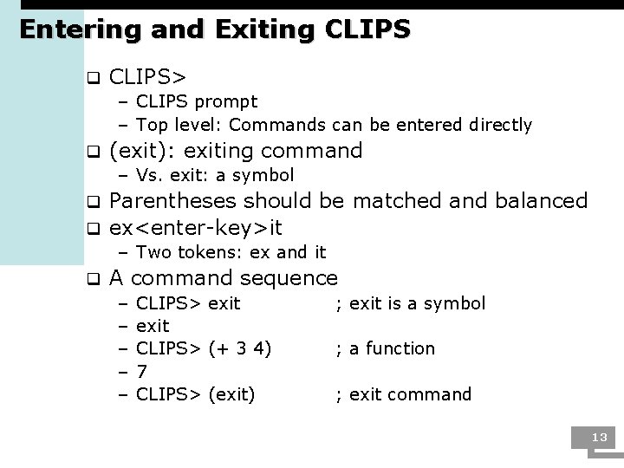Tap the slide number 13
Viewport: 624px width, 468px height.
point(599,437)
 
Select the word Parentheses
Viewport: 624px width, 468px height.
point(173,201)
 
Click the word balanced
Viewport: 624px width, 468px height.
point(541,201)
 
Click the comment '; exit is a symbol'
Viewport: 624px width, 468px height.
point(411,302)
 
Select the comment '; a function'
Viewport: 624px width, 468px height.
point(386,348)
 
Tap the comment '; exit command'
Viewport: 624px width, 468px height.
point(404,394)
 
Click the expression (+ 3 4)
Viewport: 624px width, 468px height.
point(240,348)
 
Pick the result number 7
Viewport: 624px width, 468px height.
point(142,371)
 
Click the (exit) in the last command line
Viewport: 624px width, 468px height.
point(232,394)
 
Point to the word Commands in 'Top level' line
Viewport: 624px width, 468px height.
point(277,125)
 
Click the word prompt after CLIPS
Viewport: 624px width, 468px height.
point(228,102)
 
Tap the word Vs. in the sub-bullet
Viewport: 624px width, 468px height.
point(151,175)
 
